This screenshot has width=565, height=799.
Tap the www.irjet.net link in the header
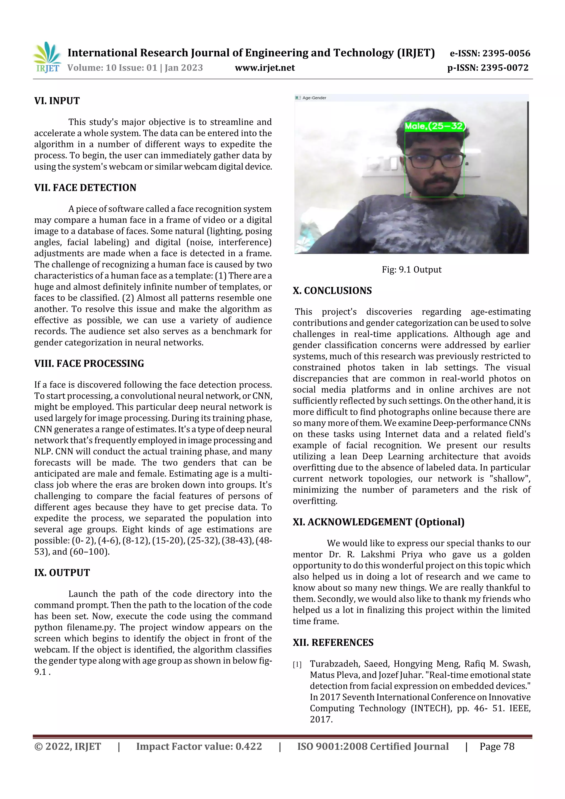click(x=265, y=68)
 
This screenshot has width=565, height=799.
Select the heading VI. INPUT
click(x=57, y=101)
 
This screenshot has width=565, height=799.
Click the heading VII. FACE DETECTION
click(x=85, y=188)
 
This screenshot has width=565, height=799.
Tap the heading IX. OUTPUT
click(x=62, y=573)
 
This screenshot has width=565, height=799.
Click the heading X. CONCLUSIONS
click(x=332, y=291)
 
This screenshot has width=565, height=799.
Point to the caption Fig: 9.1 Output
click(x=412, y=270)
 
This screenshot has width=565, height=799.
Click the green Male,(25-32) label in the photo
click(x=435, y=126)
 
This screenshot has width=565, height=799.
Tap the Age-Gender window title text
click(x=314, y=98)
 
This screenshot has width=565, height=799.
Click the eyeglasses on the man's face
click(x=435, y=161)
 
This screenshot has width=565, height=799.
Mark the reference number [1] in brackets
click(x=297, y=665)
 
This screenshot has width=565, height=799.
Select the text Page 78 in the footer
click(x=497, y=746)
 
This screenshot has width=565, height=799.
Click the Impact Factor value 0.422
click(x=249, y=746)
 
